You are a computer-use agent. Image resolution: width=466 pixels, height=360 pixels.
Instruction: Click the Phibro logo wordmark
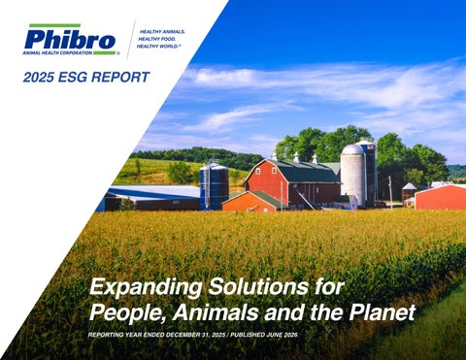pyautogui.click(x=70, y=40)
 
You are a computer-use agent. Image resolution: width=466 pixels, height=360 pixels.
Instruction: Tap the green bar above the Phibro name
pyautogui.click(x=54, y=25)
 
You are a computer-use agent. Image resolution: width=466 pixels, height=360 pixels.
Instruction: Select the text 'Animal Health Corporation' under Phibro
pyautogui.click(x=57, y=52)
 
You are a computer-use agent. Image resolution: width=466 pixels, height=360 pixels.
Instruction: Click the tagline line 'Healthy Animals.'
pyautogui.click(x=162, y=32)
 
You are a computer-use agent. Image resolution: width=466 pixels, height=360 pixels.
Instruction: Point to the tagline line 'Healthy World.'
pyautogui.click(x=158, y=47)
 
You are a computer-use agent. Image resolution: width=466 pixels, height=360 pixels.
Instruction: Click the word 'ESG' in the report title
pyautogui.click(x=74, y=77)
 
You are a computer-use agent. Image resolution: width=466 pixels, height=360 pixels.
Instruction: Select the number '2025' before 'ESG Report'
pyautogui.click(x=39, y=77)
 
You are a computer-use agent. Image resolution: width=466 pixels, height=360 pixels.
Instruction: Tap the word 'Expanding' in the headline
pyautogui.click(x=146, y=287)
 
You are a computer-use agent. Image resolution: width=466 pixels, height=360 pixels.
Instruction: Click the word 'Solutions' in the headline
pyautogui.click(x=257, y=286)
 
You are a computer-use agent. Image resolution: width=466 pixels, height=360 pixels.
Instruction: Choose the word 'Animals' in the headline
pyautogui.click(x=216, y=311)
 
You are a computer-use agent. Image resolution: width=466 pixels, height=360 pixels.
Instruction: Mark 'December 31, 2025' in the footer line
pyautogui.click(x=196, y=335)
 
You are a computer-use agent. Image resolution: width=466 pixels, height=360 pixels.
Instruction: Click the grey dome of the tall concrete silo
pyautogui.click(x=352, y=149)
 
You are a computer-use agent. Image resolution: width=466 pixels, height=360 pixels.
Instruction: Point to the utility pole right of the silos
pyautogui.click(x=390, y=193)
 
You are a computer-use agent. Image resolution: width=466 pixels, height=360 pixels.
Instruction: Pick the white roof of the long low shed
pyautogui.click(x=155, y=191)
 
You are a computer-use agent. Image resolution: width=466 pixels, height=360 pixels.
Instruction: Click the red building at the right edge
pyautogui.click(x=441, y=197)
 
